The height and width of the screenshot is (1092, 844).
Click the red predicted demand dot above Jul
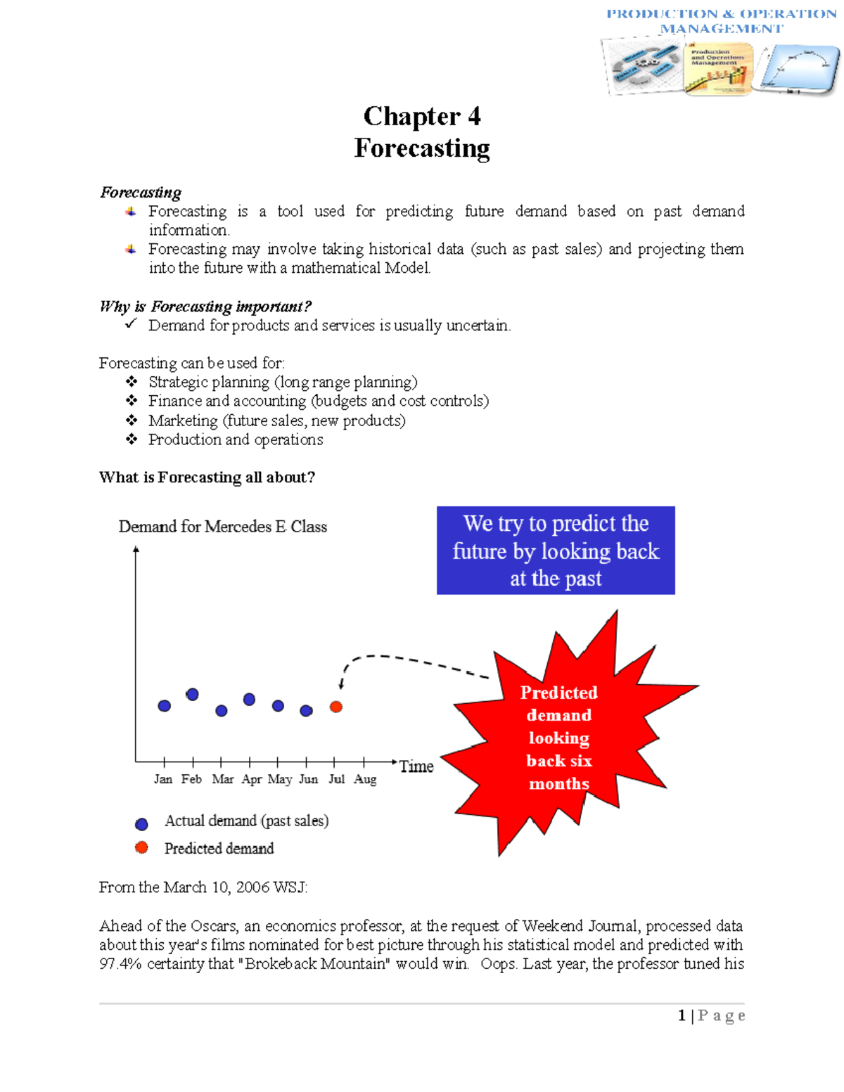pos(336,707)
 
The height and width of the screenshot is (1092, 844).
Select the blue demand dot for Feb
pos(192,695)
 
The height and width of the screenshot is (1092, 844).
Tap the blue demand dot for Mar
pos(222,711)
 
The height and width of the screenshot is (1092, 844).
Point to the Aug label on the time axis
pos(365,779)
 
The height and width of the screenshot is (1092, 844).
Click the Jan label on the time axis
pos(163,779)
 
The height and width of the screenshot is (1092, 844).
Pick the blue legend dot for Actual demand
pos(141,824)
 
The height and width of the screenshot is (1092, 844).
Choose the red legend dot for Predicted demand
pos(141,848)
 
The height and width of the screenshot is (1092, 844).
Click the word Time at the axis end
pos(416,766)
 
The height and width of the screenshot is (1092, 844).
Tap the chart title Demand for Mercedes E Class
pos(222,527)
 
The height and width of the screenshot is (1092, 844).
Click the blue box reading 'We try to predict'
pos(556,551)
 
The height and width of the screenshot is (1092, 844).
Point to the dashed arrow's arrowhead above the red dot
pos(341,684)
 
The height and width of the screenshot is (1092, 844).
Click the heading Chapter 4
pos(422,117)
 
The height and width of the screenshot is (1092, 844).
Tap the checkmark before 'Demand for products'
pos(131,324)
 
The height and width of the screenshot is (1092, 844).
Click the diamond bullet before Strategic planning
pos(132,382)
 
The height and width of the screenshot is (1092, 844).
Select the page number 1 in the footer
pos(682,1015)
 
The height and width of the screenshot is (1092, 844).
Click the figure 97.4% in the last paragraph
pos(120,964)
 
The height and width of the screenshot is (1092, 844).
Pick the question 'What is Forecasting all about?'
pos(207,477)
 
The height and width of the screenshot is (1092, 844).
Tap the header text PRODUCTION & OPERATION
pos(722,14)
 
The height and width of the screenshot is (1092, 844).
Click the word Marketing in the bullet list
pos(183,420)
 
